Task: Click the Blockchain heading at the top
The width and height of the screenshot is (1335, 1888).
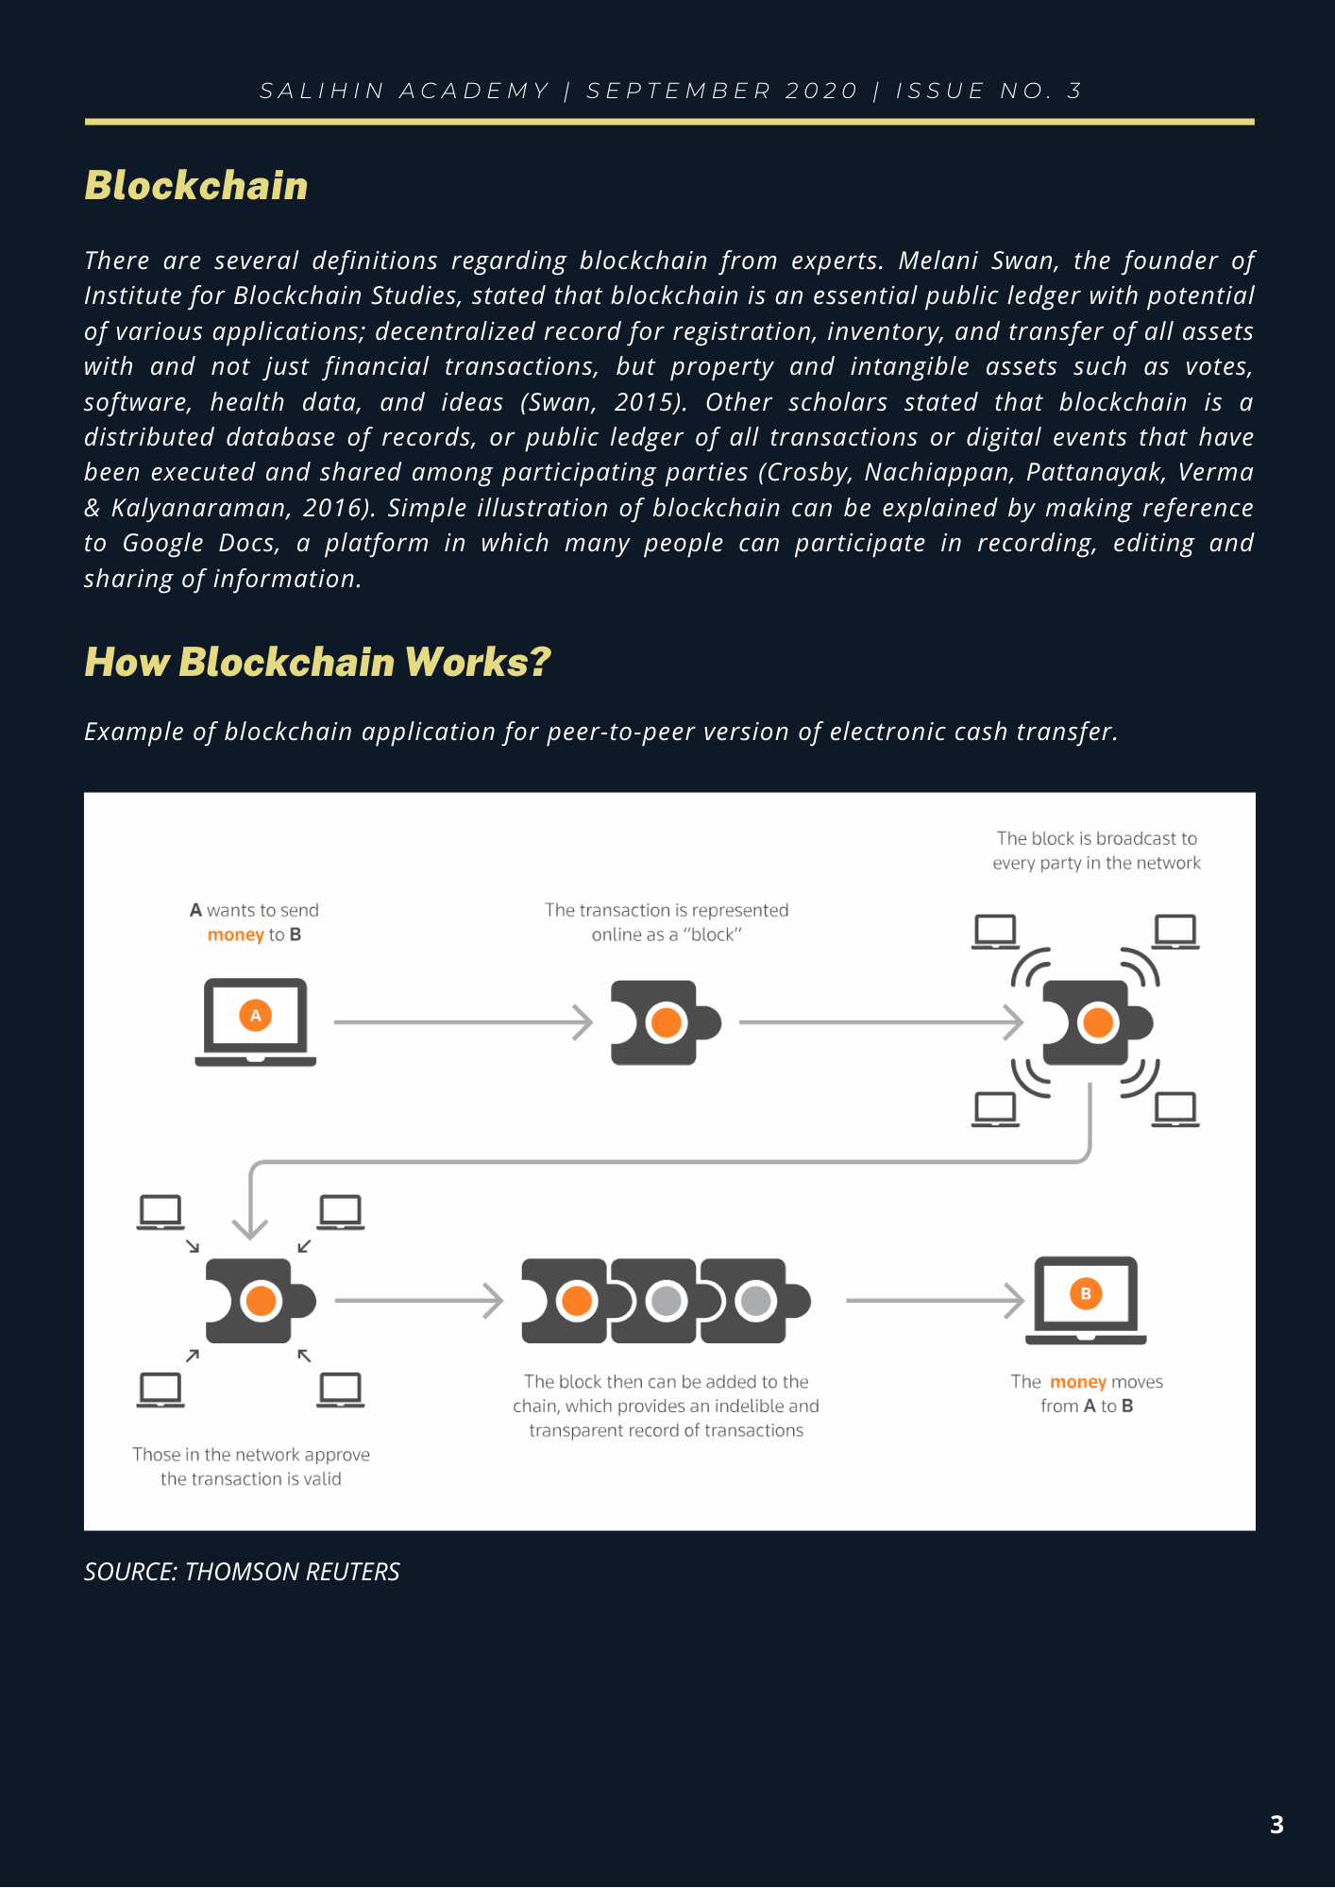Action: (196, 186)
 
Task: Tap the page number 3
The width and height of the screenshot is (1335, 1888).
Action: (1276, 1825)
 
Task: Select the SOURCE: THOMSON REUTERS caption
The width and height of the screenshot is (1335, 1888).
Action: (242, 1572)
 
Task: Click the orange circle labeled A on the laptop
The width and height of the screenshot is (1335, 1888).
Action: (255, 1016)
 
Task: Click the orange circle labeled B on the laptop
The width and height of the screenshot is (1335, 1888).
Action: (1086, 1293)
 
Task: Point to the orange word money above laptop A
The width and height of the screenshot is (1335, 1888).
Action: (235, 935)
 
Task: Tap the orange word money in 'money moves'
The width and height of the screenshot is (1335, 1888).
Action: (1077, 1382)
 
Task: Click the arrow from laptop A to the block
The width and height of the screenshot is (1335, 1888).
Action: (463, 1022)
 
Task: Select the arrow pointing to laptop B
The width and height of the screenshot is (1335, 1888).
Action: (935, 1301)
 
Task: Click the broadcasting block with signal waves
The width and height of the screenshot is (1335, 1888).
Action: (1096, 1022)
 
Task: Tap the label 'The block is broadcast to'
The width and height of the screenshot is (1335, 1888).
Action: (1096, 838)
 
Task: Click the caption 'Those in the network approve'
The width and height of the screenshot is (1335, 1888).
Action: (251, 1455)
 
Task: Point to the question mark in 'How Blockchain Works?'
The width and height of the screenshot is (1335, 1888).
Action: (539, 663)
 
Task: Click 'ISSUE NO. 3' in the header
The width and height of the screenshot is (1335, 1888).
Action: (989, 91)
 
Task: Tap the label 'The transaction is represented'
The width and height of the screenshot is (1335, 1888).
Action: (667, 910)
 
